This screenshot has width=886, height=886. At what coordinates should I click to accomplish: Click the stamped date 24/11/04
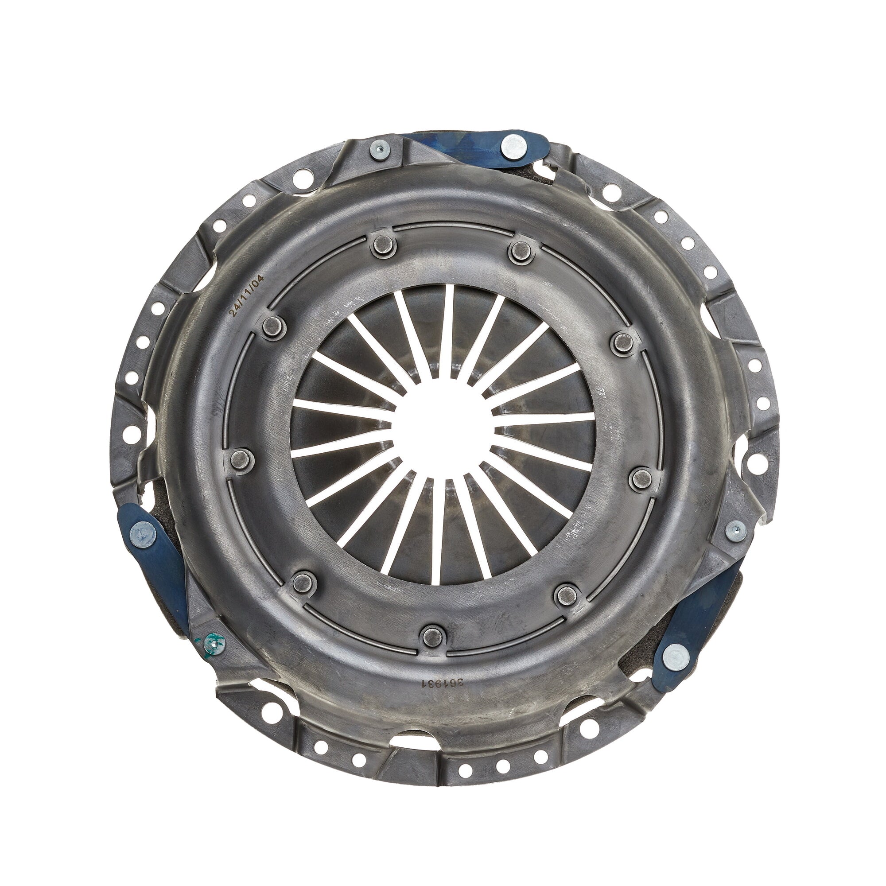click(247, 296)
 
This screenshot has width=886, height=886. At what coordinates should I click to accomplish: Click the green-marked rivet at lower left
click(214, 643)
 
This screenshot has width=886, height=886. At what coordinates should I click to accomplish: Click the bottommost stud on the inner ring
click(433, 636)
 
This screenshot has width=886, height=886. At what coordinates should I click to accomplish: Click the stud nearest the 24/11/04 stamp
click(274, 327)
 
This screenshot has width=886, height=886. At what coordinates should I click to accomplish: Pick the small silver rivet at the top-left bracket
click(380, 149)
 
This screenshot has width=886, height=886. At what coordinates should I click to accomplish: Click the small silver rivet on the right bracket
click(735, 531)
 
